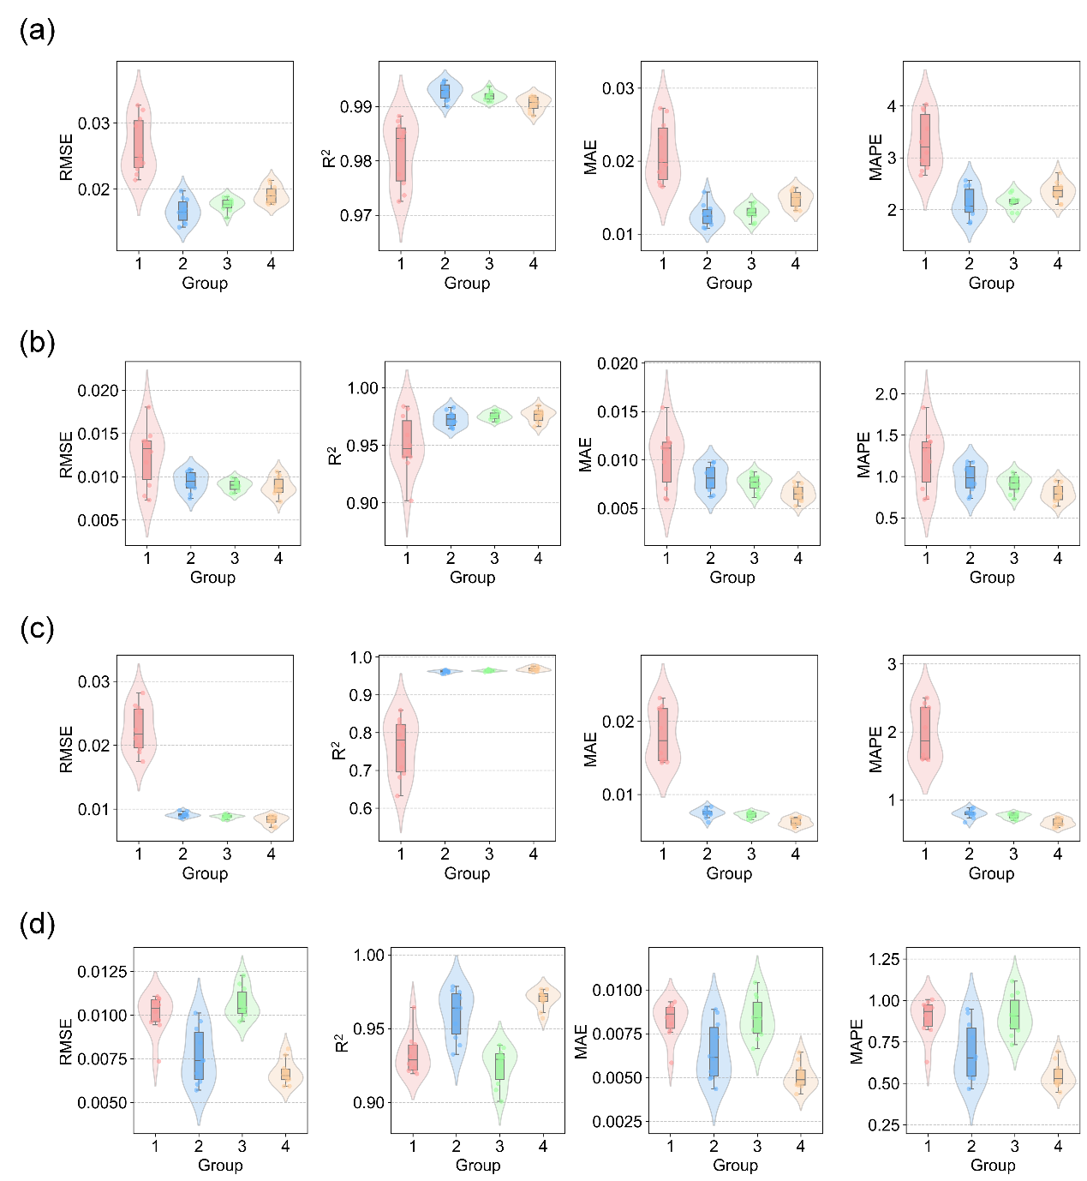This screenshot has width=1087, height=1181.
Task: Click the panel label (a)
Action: click(37, 31)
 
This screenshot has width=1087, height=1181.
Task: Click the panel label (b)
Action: click(37, 343)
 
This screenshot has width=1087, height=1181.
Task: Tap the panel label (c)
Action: click(37, 629)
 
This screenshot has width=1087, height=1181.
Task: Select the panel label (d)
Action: click(37, 925)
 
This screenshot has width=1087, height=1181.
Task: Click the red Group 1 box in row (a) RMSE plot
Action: click(139, 143)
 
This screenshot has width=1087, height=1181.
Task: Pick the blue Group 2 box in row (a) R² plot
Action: click(445, 91)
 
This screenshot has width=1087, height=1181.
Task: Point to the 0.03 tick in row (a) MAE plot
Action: click(618, 88)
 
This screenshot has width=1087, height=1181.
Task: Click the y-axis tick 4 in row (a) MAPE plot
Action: click(892, 106)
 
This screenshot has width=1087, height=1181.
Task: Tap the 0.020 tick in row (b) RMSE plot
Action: click(98, 391)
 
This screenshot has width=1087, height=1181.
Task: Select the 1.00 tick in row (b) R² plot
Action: click(362, 388)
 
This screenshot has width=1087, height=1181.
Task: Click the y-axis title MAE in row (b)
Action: click(586, 454)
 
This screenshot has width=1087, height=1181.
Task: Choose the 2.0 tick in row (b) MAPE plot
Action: click(887, 394)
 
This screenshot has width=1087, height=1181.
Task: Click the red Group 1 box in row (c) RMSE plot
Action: click(139, 728)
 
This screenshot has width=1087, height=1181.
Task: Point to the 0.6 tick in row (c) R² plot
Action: click(361, 808)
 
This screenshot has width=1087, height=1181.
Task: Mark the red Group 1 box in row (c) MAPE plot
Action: click(925, 733)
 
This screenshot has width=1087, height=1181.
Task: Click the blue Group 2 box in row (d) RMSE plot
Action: click(199, 1055)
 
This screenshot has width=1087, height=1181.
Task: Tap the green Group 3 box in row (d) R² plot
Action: click(499, 1066)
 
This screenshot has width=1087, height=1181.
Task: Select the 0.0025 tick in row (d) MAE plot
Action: click(617, 1122)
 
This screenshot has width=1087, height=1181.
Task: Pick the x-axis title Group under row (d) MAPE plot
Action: click(993, 1165)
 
